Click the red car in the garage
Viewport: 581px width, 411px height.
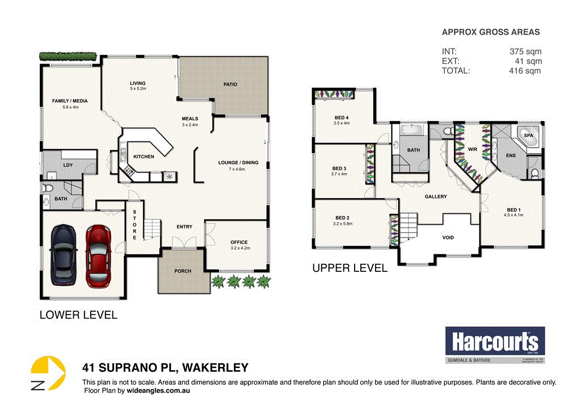point(99,255)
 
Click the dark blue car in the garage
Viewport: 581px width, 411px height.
point(62,255)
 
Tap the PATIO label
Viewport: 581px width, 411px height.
point(230,85)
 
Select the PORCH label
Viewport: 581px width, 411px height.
point(182,271)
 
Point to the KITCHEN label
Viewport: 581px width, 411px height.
point(144,157)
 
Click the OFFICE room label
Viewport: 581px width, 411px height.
point(239,242)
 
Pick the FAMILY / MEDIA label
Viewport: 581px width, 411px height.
point(65,100)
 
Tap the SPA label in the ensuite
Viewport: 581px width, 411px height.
point(528,136)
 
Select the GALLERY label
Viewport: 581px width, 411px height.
point(436,197)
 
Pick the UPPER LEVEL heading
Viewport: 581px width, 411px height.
point(350,268)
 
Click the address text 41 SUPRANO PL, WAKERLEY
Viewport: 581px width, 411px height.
point(165,368)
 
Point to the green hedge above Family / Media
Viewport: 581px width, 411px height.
point(68,56)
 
